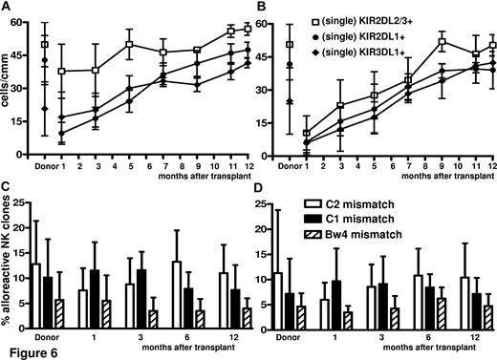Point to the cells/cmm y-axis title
point(8,87)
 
